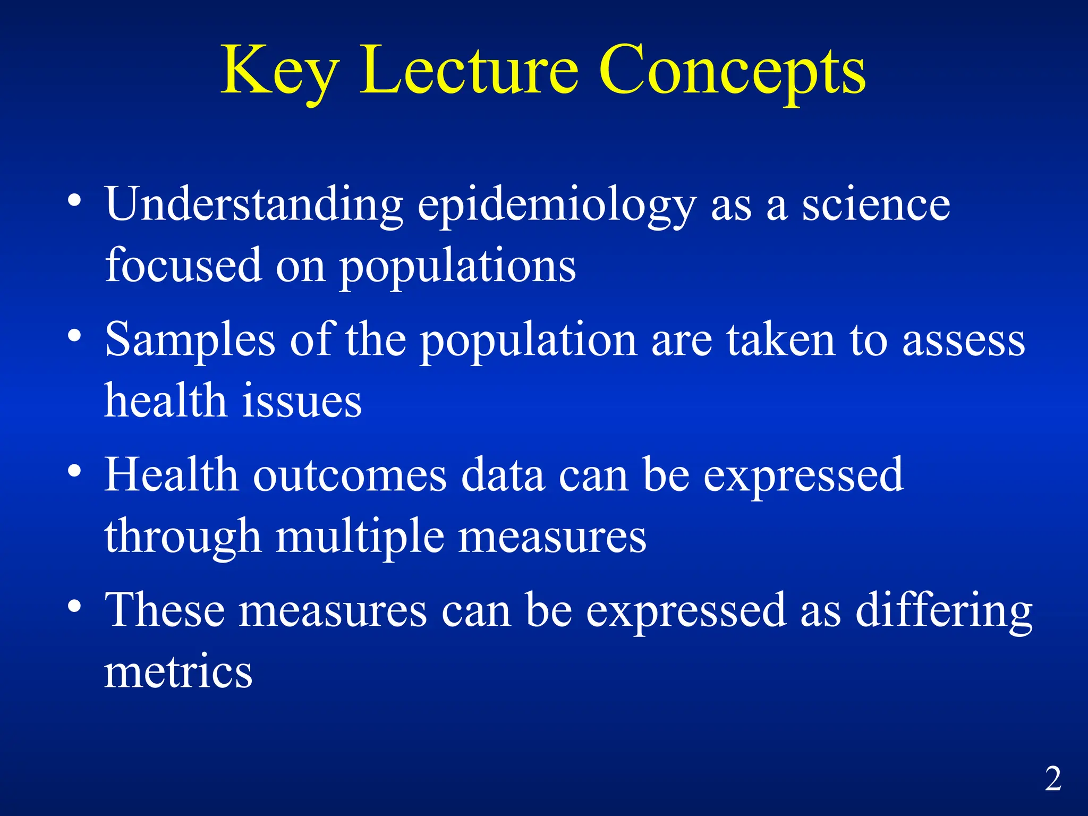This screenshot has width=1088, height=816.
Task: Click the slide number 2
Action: tap(1053, 779)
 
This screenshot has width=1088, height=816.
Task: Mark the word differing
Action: tap(943, 614)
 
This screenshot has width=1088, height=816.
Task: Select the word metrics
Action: tap(178, 672)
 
